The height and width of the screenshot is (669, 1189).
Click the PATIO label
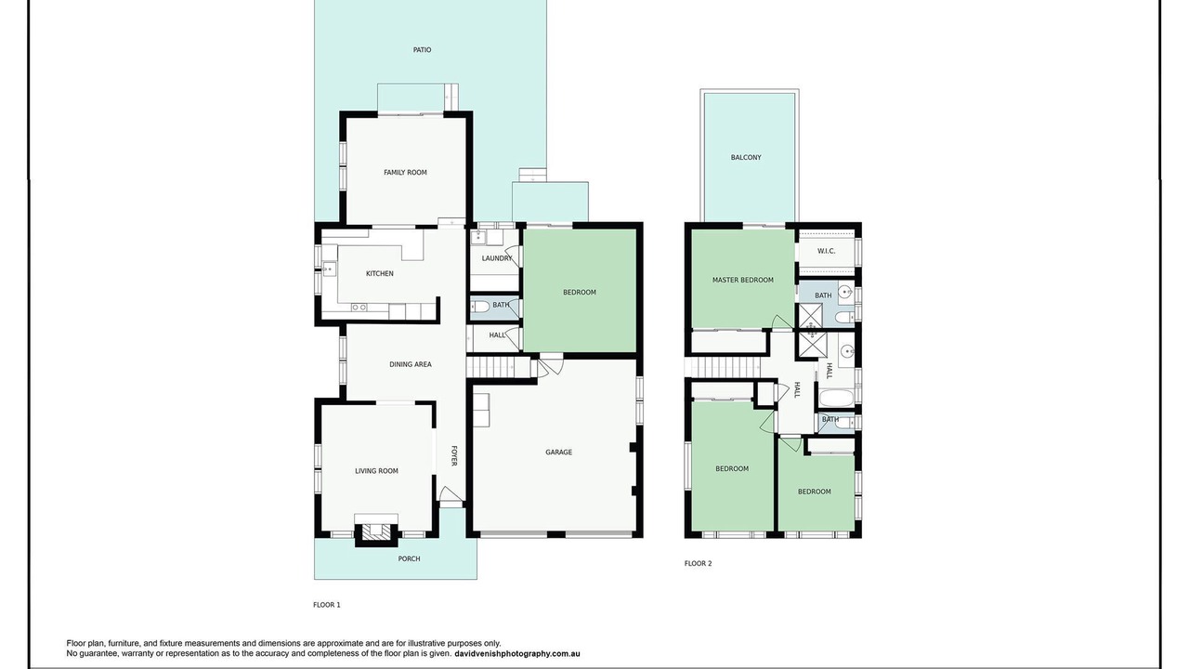coord(422,50)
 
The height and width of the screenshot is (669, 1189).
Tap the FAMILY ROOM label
coord(405,173)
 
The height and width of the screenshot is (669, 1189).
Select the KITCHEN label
coord(380,273)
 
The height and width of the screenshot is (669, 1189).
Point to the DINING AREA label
coord(411,364)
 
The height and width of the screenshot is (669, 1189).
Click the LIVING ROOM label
coord(376,471)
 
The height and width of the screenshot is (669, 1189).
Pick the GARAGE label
coord(558,453)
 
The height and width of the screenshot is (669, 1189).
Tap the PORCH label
coord(409,558)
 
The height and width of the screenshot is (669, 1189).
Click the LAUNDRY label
coord(497,258)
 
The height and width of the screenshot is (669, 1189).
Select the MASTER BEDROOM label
coord(742,280)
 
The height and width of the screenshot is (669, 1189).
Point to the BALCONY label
coord(746,158)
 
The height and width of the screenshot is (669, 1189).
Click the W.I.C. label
coord(826,251)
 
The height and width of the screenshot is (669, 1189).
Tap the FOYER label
coord(454,456)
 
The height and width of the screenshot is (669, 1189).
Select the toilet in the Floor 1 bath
coord(481,307)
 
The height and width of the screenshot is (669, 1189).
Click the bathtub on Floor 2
coord(835,398)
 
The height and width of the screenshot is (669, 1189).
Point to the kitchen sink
coord(329,269)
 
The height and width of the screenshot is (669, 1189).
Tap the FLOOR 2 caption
coord(698,563)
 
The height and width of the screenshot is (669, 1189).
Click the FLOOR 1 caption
coord(326,605)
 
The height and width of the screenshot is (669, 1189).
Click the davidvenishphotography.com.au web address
coord(517,653)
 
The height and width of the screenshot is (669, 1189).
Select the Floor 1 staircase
coord(499,367)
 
